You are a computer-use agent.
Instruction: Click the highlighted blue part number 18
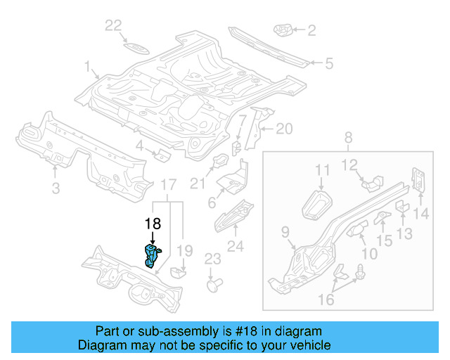(x=152, y=255)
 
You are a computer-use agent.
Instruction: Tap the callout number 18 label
(x=153, y=224)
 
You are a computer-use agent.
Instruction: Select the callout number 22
(x=114, y=26)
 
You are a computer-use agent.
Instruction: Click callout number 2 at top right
(x=311, y=30)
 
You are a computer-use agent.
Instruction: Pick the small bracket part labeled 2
(x=283, y=30)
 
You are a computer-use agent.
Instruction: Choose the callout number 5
(x=328, y=64)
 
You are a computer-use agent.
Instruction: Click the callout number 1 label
(x=89, y=67)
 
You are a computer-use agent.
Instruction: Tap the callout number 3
(x=56, y=188)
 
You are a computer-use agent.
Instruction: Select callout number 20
(x=283, y=129)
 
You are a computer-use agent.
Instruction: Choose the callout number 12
(x=350, y=166)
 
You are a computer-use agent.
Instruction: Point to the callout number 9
(x=285, y=231)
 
